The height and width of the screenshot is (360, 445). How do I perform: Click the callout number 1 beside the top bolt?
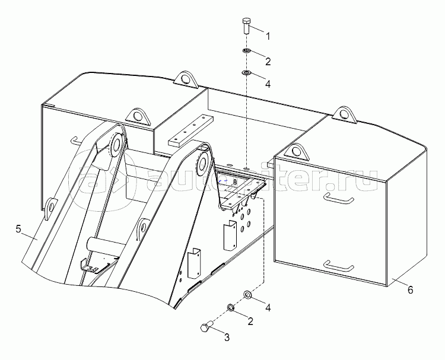(x=268, y=36)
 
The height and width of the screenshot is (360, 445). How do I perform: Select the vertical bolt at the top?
(x=246, y=26)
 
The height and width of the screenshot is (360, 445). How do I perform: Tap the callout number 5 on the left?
(x=19, y=229)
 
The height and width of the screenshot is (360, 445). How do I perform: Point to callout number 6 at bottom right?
(x=410, y=290)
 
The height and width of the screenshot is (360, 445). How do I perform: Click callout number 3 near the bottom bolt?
(x=227, y=337)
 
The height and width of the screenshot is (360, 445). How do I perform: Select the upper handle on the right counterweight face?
(x=339, y=198)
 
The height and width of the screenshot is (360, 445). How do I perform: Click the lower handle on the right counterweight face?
(x=339, y=266)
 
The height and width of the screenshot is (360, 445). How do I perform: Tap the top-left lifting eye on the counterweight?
(x=186, y=78)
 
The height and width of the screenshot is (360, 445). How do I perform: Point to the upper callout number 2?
(x=268, y=61)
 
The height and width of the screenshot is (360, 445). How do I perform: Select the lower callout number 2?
(x=250, y=321)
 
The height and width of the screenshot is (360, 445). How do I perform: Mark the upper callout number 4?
(x=268, y=84)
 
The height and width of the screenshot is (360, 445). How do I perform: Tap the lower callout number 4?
(x=268, y=307)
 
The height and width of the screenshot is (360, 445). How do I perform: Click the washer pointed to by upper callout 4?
(x=246, y=73)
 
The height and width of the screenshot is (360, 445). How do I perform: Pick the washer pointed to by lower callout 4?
(x=247, y=295)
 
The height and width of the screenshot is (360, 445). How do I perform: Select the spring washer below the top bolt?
(x=246, y=51)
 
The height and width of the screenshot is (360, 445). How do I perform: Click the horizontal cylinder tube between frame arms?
(x=104, y=244)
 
